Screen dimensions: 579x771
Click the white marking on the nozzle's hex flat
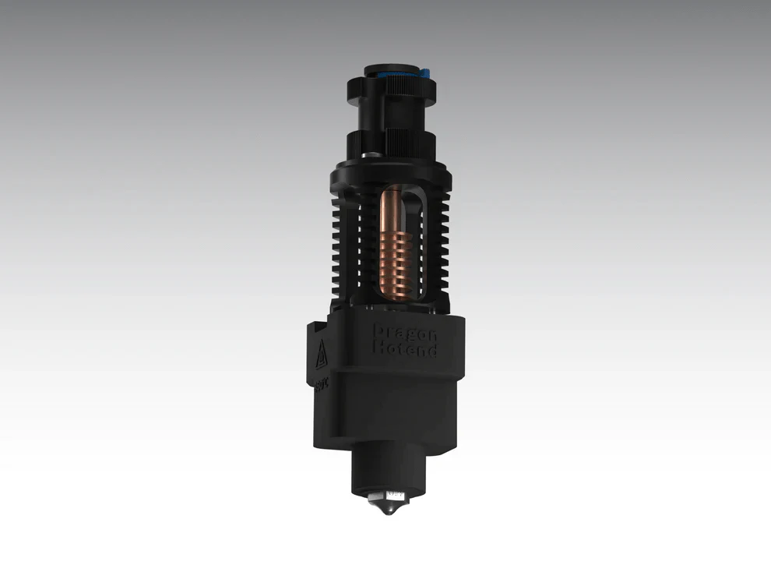tap(396, 493)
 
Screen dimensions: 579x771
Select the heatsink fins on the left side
tap(340, 242)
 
